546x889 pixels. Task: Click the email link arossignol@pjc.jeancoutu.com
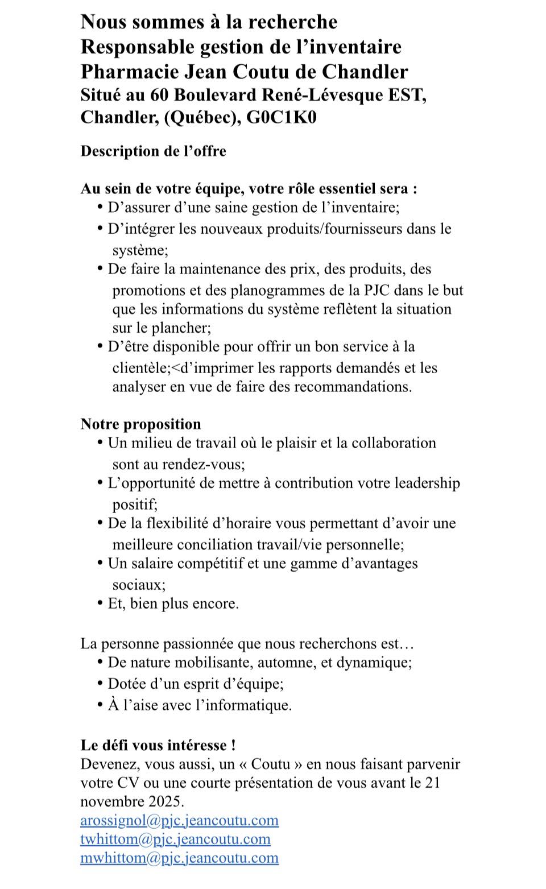point(179,820)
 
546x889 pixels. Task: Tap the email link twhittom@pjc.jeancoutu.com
point(175,839)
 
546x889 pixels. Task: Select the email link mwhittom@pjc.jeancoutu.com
point(179,858)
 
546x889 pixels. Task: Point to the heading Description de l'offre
point(153,151)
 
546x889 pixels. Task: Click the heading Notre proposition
point(140,424)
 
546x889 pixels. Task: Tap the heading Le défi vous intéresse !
point(158,745)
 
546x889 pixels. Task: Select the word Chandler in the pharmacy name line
point(365,72)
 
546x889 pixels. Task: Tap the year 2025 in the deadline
point(166,802)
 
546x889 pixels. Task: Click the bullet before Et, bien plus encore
point(101,603)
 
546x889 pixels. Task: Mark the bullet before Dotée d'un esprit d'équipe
point(101,684)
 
